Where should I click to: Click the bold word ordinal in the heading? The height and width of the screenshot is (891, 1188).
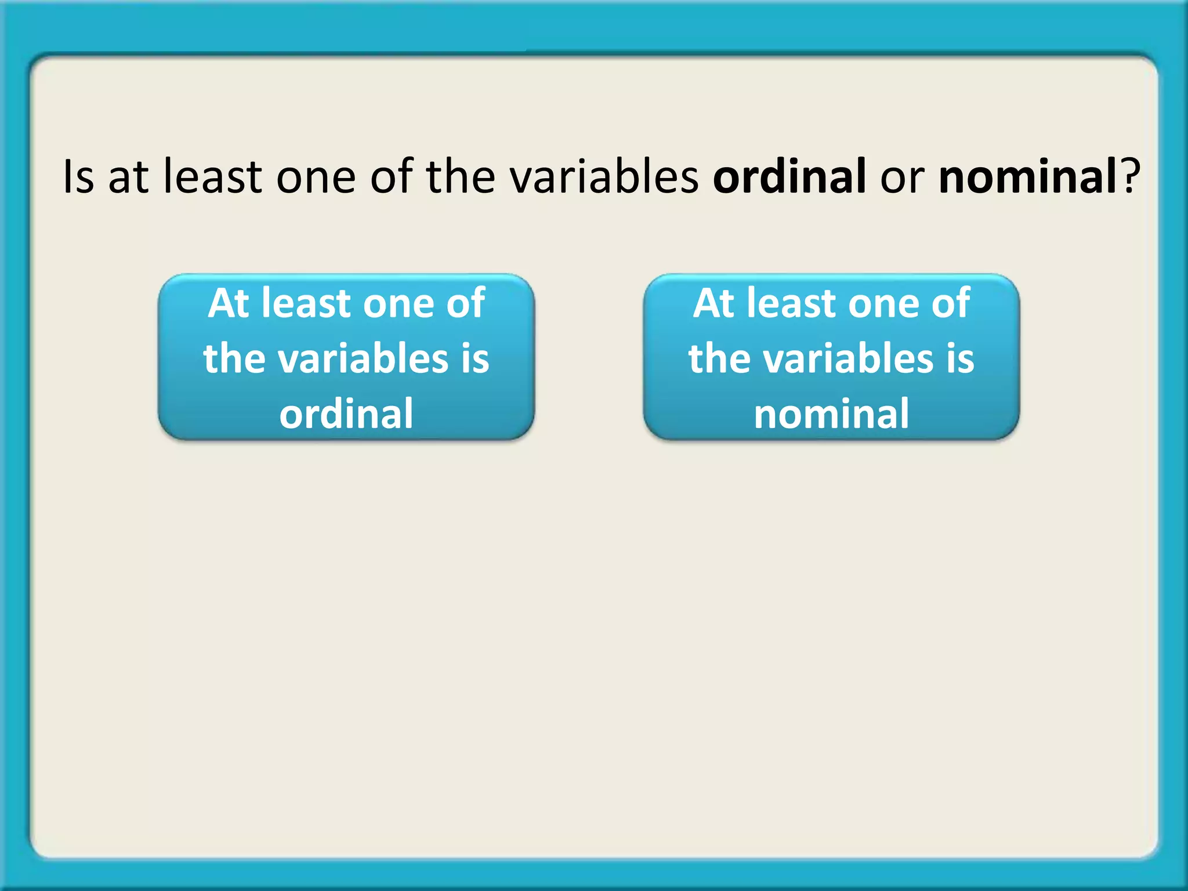click(x=789, y=176)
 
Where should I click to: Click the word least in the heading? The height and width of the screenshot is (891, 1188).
click(x=212, y=176)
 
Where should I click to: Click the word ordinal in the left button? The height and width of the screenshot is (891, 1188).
click(x=346, y=414)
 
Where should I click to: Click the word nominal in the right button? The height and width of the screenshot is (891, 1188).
click(x=831, y=414)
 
